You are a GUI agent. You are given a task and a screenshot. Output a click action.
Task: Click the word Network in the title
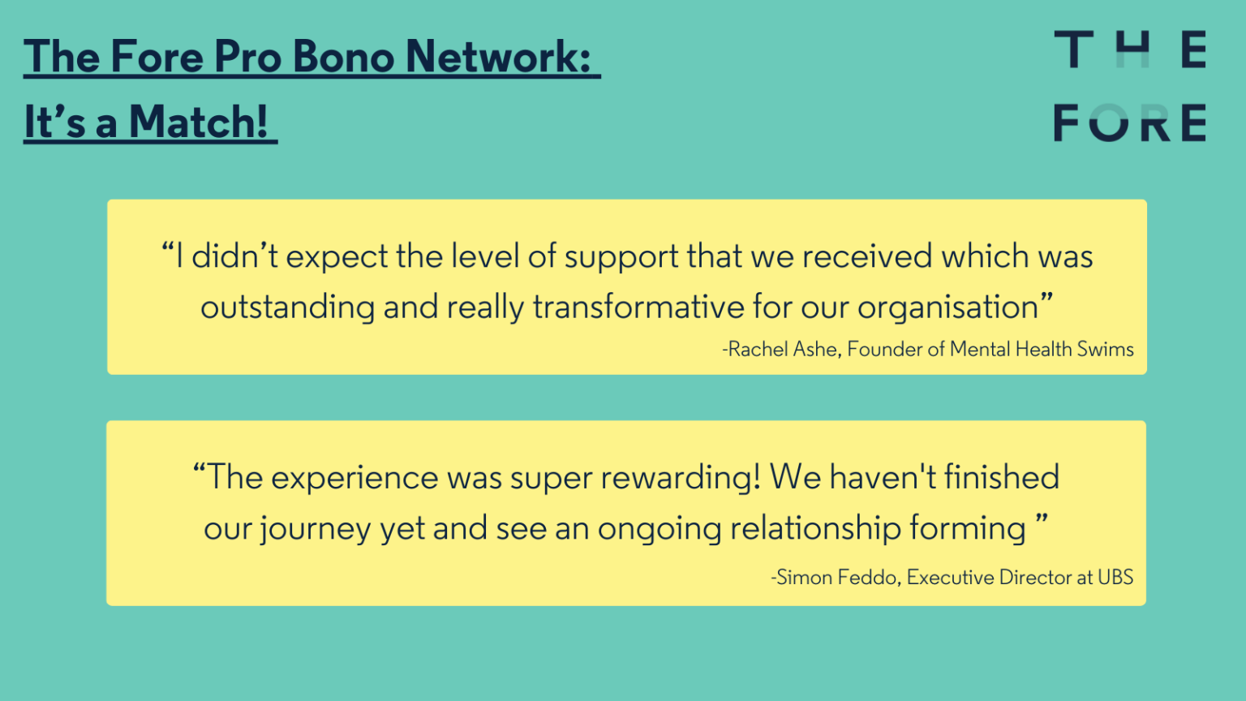pyautogui.click(x=497, y=57)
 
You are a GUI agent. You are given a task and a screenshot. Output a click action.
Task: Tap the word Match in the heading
pyautogui.click(x=198, y=123)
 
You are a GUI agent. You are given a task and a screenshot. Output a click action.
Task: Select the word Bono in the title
pyautogui.click(x=343, y=57)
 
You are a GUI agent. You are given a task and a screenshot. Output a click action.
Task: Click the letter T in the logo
pyautogui.click(x=1073, y=50)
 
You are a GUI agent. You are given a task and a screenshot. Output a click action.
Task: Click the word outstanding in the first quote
pyautogui.click(x=287, y=307)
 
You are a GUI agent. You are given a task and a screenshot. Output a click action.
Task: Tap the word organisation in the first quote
pyautogui.click(x=947, y=307)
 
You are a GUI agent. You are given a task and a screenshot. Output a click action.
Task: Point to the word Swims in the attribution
pyautogui.click(x=1105, y=349)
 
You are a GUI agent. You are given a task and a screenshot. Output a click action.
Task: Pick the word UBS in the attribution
pyautogui.click(x=1115, y=578)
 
